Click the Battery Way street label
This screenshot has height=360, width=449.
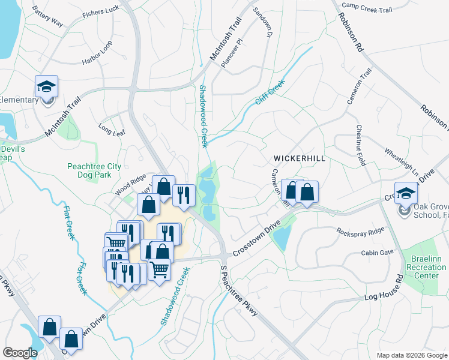pos(47,17)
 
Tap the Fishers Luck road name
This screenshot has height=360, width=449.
pos(101,12)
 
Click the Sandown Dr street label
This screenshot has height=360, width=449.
pos(262,23)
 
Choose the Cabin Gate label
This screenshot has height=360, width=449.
pos(377,253)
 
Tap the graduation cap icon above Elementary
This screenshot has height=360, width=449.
pos(46,86)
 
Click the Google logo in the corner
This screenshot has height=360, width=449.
pos(20,353)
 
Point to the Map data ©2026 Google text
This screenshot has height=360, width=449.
pos(411,355)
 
